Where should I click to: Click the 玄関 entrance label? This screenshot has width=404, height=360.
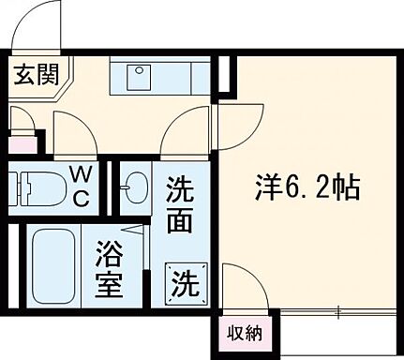[x=35, y=75]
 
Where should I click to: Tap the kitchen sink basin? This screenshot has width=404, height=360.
[x=139, y=75]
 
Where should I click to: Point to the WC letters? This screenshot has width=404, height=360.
[x=82, y=185]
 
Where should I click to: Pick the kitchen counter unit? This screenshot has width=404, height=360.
[x=151, y=75]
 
